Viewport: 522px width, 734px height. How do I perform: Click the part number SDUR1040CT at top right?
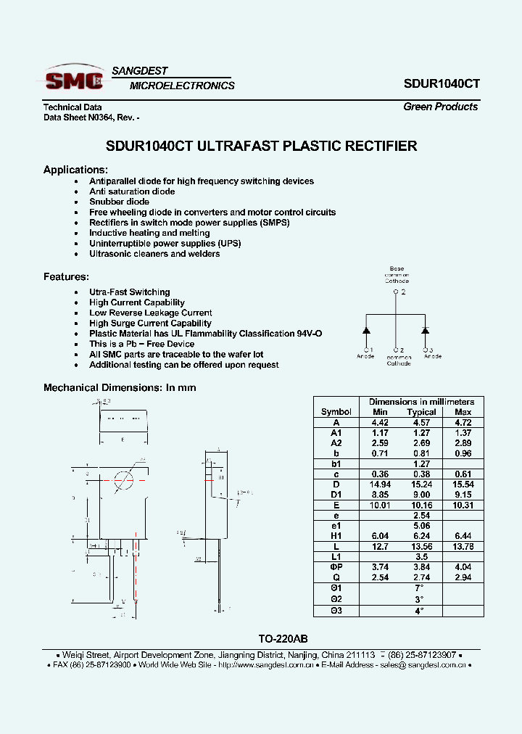click(x=441, y=83)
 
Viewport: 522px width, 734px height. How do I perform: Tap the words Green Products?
click(x=440, y=107)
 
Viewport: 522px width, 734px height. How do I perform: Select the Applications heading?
click(x=75, y=170)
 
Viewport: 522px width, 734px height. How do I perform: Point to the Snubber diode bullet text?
click(x=119, y=202)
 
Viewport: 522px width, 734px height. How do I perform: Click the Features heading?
click(x=66, y=277)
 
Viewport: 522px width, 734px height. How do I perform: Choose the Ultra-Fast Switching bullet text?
click(x=129, y=292)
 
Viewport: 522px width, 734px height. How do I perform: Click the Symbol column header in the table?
click(x=336, y=412)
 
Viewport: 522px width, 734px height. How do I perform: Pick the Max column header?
click(x=463, y=412)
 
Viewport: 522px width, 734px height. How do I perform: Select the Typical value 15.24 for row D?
click(x=421, y=484)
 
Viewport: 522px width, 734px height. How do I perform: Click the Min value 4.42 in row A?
click(x=380, y=422)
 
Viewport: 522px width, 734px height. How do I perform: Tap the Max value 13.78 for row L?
click(x=463, y=545)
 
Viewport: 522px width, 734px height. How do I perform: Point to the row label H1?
click(x=336, y=535)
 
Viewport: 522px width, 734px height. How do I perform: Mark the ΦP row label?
click(x=336, y=566)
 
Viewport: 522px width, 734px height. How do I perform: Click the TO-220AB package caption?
click(x=283, y=638)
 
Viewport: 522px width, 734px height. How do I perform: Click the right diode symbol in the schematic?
click(x=425, y=330)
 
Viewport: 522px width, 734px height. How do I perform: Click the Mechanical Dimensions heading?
click(x=120, y=388)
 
